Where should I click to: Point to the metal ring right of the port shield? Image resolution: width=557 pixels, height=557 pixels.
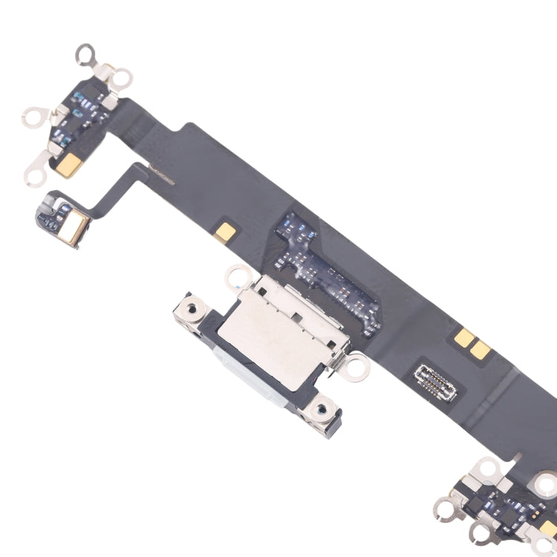click(356, 364)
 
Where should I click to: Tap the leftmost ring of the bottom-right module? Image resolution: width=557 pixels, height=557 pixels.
click(445, 509)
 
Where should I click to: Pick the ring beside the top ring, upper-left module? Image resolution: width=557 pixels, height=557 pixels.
click(121, 77)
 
